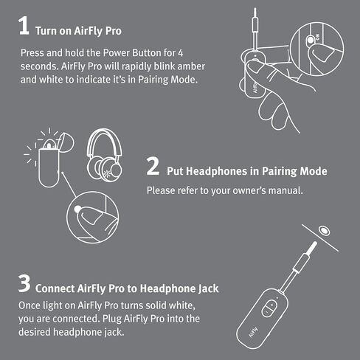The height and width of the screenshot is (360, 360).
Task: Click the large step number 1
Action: pos(24,27)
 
